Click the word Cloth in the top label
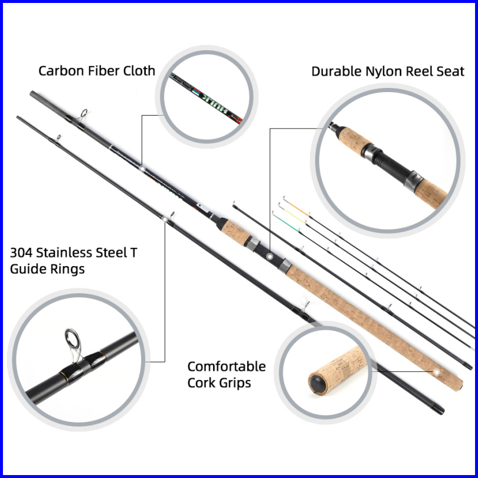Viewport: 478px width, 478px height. point(138,71)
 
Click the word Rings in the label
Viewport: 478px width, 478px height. point(70,269)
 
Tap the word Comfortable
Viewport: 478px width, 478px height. point(227,366)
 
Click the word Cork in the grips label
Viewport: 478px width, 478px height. point(201,382)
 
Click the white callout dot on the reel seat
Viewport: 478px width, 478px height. point(269,257)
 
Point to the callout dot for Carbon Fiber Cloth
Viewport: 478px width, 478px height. point(142,169)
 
